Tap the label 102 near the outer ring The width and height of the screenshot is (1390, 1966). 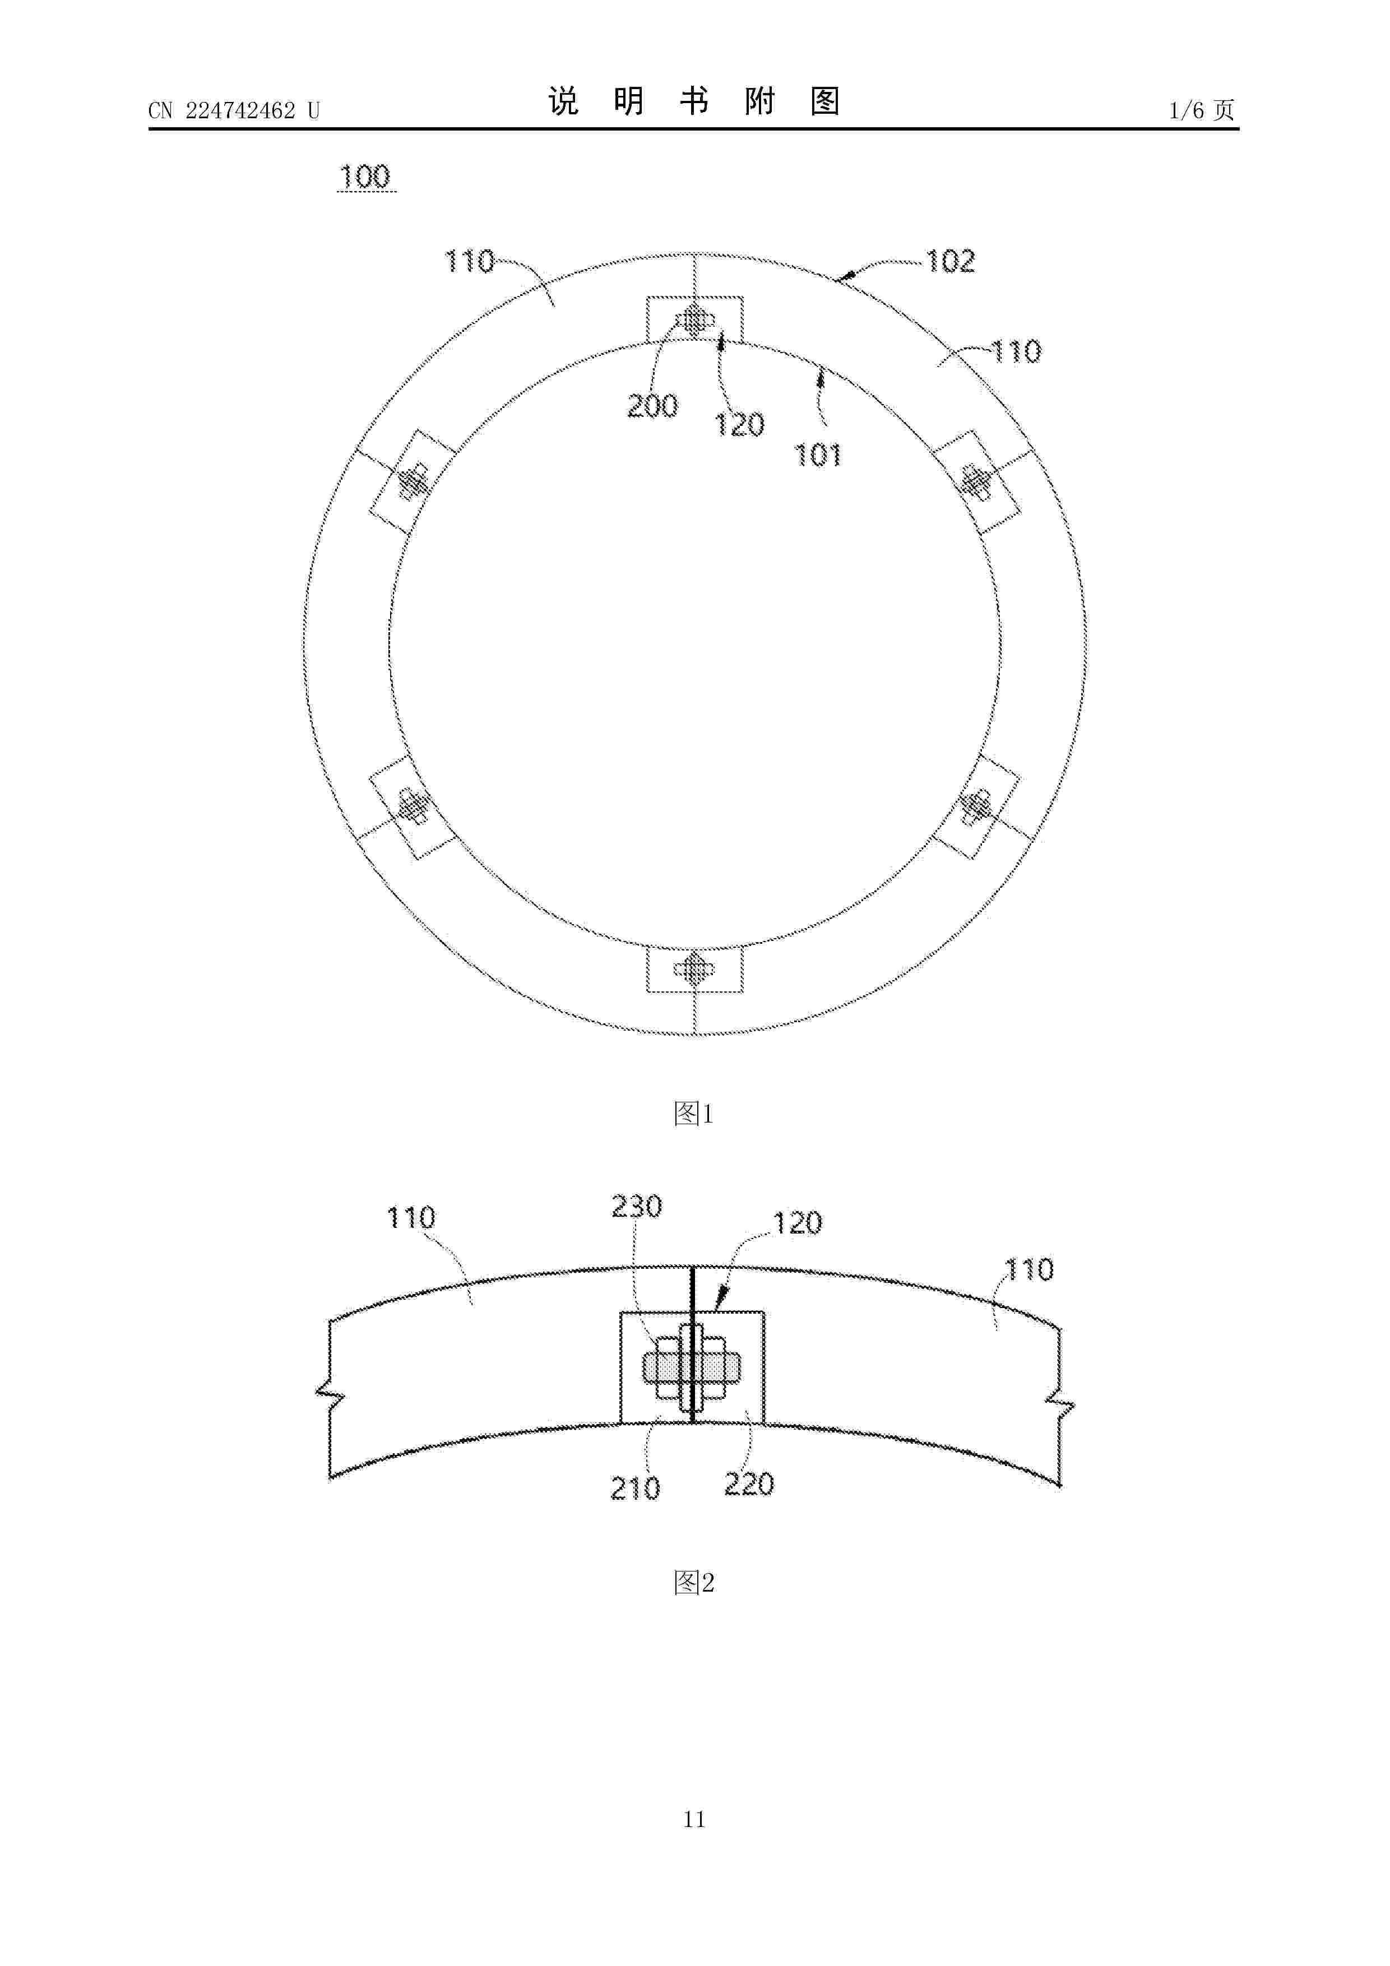950,261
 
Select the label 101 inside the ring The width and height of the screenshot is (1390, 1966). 819,455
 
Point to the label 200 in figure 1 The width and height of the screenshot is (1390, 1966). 652,405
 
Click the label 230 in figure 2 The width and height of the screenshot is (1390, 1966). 636,1207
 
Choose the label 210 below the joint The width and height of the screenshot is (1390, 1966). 634,1488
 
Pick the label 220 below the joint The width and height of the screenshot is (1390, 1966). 749,1484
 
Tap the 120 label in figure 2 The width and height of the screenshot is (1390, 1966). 798,1223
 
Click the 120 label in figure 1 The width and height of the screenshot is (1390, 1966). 740,425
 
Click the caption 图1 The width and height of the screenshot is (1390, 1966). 694,1114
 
